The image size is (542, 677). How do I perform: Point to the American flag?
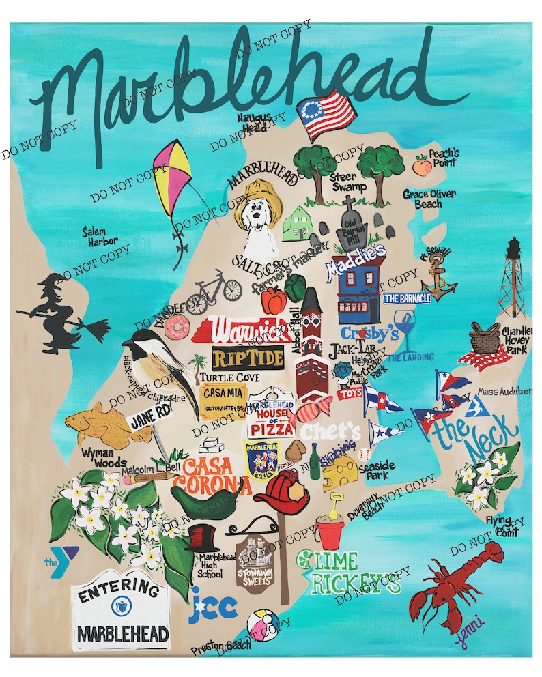(326, 116)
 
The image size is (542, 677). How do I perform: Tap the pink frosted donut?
(177, 329)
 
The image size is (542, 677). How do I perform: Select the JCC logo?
(214, 604)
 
